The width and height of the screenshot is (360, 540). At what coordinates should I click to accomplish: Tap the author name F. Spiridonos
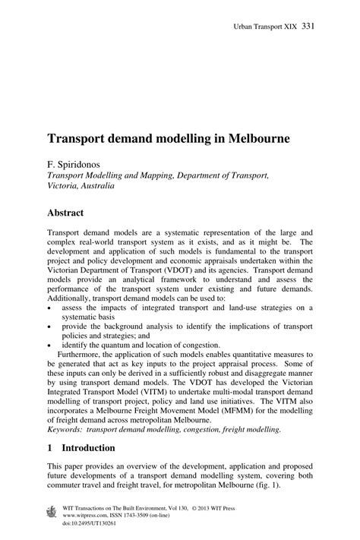(x=76, y=163)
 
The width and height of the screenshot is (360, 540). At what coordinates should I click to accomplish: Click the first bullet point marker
(x=49, y=308)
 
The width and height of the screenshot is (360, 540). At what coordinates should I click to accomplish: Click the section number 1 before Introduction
(x=50, y=447)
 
